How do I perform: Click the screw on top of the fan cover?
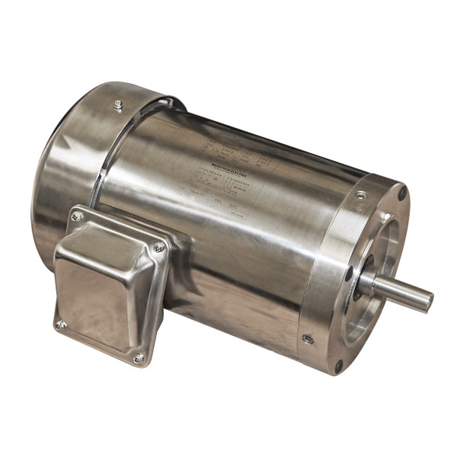tap(118, 104)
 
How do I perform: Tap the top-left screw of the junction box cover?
tap(76, 217)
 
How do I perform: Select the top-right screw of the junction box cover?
tap(158, 248)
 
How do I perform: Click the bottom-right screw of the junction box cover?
tap(139, 357)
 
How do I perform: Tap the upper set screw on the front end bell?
tap(360, 196)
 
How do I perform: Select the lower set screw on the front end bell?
tap(307, 339)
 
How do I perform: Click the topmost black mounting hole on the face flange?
tap(401, 193)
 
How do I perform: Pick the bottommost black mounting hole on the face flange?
tap(339, 366)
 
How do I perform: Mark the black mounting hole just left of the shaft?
tap(348, 273)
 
